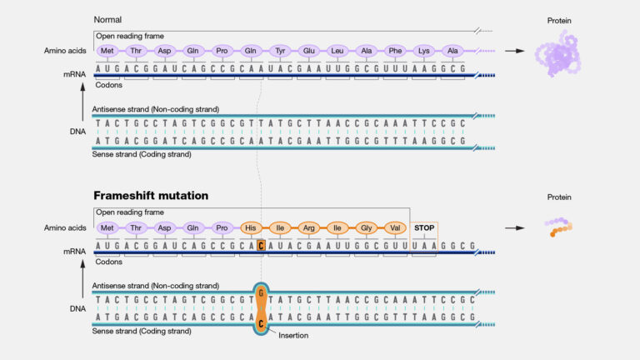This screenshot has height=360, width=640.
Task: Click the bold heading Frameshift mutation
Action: (151, 195)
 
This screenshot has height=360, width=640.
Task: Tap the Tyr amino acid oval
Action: (281, 50)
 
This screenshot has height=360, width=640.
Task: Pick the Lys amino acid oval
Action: (424, 50)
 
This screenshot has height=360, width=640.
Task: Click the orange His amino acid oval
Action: (250, 227)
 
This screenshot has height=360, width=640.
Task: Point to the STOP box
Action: (424, 227)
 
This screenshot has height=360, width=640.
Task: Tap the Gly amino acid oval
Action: (365, 227)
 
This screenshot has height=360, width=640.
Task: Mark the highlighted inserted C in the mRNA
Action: (261, 246)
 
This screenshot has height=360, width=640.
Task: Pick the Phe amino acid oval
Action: (395, 50)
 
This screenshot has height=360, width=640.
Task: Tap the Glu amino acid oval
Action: (309, 50)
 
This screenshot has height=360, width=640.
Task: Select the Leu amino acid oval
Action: (337, 50)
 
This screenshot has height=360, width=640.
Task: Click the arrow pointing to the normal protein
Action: (515, 51)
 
